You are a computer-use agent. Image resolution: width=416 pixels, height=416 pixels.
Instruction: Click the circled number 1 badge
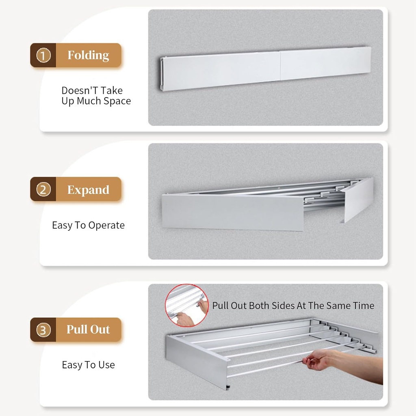pos(43,55)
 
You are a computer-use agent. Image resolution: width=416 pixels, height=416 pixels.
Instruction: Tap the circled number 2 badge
pos(43,189)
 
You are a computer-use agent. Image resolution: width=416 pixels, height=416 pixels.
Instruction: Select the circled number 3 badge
pos(43,329)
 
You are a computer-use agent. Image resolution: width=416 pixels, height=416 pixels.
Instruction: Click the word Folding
pos(88,55)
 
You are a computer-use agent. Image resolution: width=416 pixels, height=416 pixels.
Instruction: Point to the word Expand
pos(88,190)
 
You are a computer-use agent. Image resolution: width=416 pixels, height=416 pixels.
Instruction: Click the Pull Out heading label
pos(88,329)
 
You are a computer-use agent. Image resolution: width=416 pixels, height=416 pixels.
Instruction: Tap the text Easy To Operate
pos(88,225)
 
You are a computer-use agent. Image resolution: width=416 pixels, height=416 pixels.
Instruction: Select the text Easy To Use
pos(88,365)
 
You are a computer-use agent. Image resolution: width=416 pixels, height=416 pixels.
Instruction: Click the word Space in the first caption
pos(117,101)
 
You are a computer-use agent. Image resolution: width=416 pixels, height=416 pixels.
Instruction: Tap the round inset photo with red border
pos(186,305)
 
